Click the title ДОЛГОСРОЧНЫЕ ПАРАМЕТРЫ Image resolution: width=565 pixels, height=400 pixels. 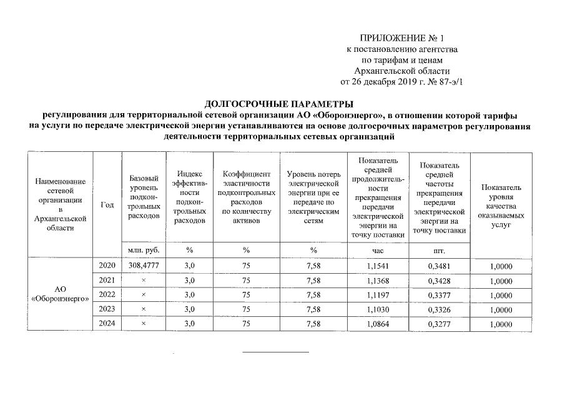279,104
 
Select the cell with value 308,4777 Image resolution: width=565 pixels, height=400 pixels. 144,266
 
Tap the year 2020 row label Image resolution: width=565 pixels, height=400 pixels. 107,266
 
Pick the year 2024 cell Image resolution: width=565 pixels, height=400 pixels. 107,323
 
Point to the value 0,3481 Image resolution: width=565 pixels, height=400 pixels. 440,266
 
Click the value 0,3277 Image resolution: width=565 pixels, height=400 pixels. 440,323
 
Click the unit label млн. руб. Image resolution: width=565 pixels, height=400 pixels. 144,249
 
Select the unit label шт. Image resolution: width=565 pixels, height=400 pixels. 440,249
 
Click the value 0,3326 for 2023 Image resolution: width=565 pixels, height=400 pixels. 440,309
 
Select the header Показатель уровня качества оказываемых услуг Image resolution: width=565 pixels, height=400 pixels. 501,206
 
